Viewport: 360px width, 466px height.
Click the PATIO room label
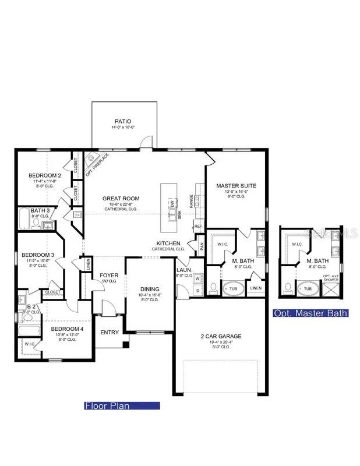click(123, 121)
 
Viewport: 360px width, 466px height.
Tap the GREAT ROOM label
click(119, 199)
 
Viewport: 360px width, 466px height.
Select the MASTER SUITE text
click(236, 186)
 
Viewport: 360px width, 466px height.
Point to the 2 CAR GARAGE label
click(221, 336)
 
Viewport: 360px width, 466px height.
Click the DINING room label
click(149, 289)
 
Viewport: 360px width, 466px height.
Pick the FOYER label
click(109, 275)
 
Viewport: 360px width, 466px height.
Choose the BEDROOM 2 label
click(45, 175)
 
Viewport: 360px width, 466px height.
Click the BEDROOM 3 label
click(38, 255)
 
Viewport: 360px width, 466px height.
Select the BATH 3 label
click(40, 210)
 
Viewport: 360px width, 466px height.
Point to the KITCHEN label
click(168, 243)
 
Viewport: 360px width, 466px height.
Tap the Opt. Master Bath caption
click(310, 313)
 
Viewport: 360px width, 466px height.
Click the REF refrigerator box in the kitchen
click(198, 226)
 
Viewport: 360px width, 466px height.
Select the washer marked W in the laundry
click(197, 278)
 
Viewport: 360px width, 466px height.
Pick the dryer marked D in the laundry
click(197, 290)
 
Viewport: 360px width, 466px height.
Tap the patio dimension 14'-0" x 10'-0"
click(123, 128)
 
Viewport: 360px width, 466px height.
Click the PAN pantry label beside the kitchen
click(202, 245)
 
